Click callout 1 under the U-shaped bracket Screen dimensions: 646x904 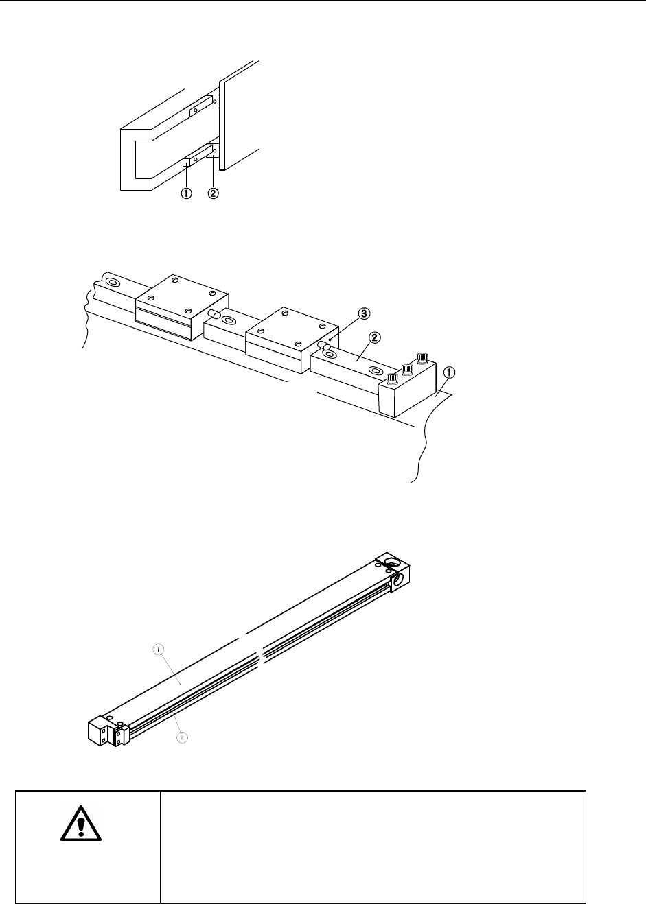(x=186, y=193)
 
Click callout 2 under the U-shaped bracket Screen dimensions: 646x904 (x=213, y=193)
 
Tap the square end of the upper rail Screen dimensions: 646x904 (x=186, y=113)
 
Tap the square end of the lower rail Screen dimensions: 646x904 (x=186, y=163)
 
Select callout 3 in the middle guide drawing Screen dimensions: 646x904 (x=364, y=313)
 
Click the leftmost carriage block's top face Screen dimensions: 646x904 (x=181, y=292)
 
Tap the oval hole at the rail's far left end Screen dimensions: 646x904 (x=113, y=282)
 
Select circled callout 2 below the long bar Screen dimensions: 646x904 (x=183, y=737)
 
